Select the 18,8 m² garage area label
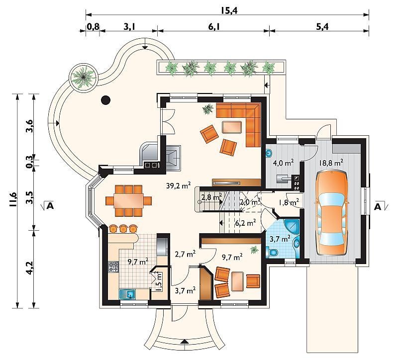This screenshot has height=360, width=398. tap(331, 162)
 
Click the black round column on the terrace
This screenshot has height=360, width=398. tap(106, 100)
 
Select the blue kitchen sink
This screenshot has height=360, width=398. tap(127, 294)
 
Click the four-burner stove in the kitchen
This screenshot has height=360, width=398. tap(113, 267)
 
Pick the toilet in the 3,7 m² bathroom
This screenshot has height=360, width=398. tap(272, 252)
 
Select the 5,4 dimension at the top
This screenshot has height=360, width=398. tap(322, 27)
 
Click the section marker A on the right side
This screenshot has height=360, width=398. tap(378, 207)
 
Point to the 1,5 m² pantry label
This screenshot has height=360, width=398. tap(159, 282)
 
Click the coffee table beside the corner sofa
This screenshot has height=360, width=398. tap(232, 127)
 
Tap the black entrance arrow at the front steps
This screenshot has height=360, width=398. tap(185, 341)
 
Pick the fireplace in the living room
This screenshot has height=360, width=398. tap(174, 158)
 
